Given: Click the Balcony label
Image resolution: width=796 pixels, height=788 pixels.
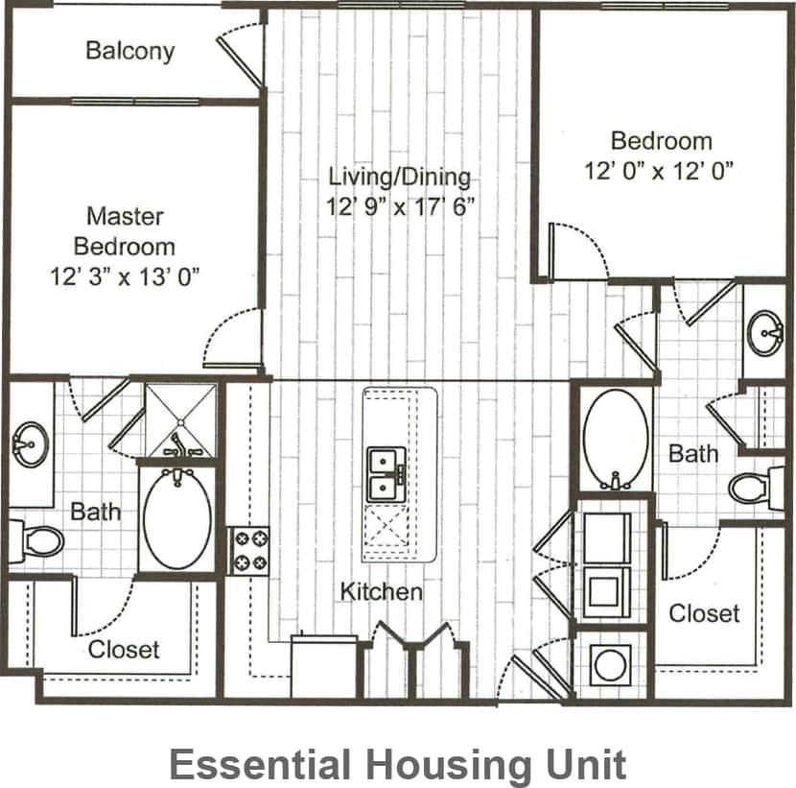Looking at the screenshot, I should pos(130,51).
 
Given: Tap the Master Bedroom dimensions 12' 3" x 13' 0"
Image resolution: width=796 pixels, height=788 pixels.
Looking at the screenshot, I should pos(126,276).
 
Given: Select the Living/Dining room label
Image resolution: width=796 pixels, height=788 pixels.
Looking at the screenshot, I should pos(400,177).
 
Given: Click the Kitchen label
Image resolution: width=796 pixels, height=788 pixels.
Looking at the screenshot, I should pos(381,591).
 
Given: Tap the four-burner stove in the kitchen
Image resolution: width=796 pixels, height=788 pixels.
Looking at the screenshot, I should pos(247,551).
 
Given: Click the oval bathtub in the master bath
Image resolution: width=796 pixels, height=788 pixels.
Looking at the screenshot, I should pos(177,517).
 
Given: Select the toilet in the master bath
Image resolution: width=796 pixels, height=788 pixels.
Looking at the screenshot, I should pos(35,541).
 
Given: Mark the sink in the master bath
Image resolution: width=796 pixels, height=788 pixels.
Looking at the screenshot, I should pos(30,445).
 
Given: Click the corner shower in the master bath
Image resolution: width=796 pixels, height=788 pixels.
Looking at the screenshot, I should pos(180,419).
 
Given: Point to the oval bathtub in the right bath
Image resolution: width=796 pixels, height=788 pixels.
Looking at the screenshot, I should pos(615,440).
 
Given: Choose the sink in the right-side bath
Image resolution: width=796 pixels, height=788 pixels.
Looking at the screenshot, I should pos(765,332).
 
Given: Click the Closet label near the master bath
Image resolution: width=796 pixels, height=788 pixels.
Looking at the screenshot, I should pos(124,650).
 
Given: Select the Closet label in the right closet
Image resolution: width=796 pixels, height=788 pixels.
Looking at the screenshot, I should pos(704,612).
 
